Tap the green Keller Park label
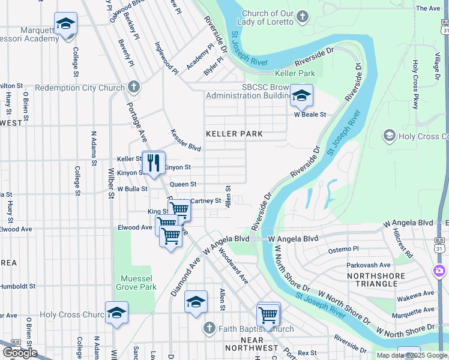[x=295, y=73]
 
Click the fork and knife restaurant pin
[x=153, y=162]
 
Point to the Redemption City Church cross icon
[x=134, y=88]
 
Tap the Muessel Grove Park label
[x=139, y=283]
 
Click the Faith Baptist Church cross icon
[x=208, y=329]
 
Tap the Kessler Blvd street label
[x=185, y=140]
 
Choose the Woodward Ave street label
[x=234, y=267]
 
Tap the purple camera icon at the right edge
[x=441, y=271]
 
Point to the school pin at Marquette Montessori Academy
[x=65, y=24]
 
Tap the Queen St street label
[x=183, y=184]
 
